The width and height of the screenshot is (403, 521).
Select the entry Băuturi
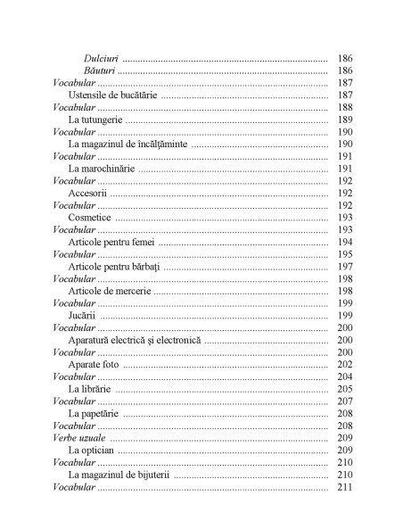point(101,70)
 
